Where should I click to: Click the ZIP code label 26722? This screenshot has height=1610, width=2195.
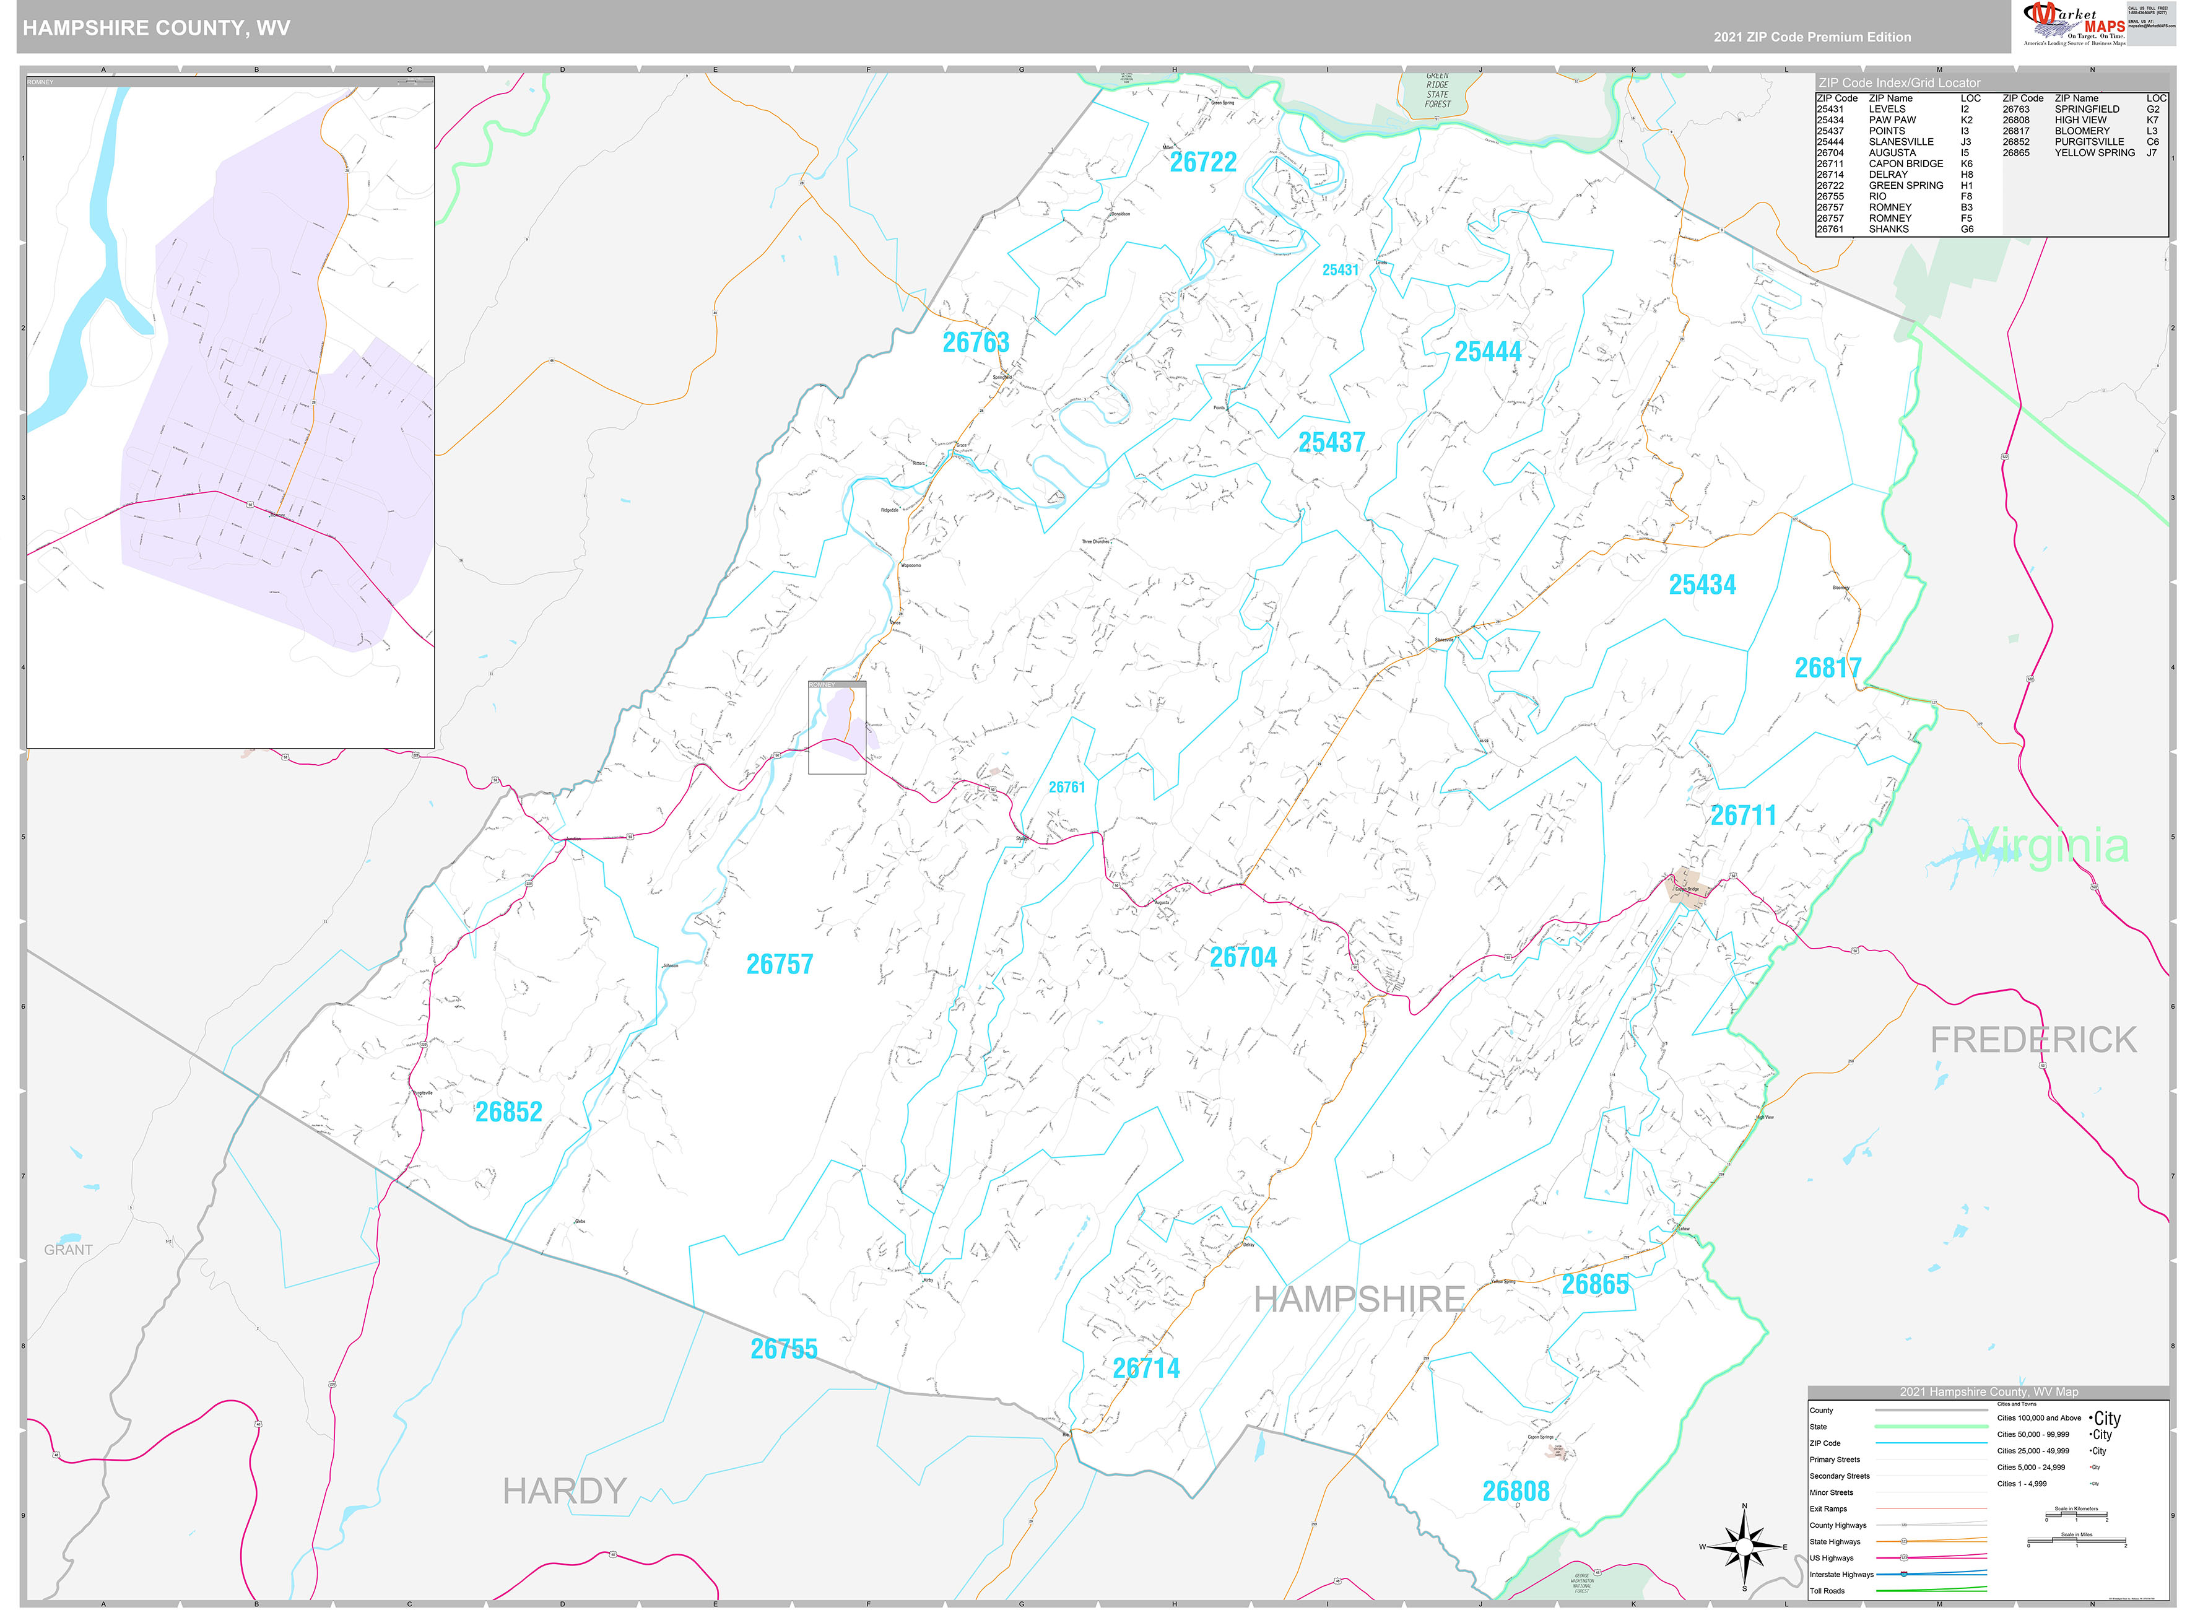click(1202, 163)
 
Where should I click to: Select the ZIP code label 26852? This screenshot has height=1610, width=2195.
click(508, 1112)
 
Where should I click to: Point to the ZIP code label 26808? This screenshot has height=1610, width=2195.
click(1515, 1491)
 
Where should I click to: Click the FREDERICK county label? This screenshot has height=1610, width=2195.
click(2033, 1041)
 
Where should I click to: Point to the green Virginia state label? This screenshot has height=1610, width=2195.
click(2046, 846)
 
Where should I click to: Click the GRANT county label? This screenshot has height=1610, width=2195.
click(68, 1250)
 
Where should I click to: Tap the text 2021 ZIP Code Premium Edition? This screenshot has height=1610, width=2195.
click(1812, 37)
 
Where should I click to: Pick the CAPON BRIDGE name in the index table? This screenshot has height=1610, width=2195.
click(1906, 163)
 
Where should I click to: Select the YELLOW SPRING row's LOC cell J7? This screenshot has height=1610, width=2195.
click(2151, 153)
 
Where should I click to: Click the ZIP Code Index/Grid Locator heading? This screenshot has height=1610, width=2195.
click(1899, 83)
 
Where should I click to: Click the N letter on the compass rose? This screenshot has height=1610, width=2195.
click(1744, 1507)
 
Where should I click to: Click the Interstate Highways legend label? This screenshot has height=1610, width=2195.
click(1841, 1575)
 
